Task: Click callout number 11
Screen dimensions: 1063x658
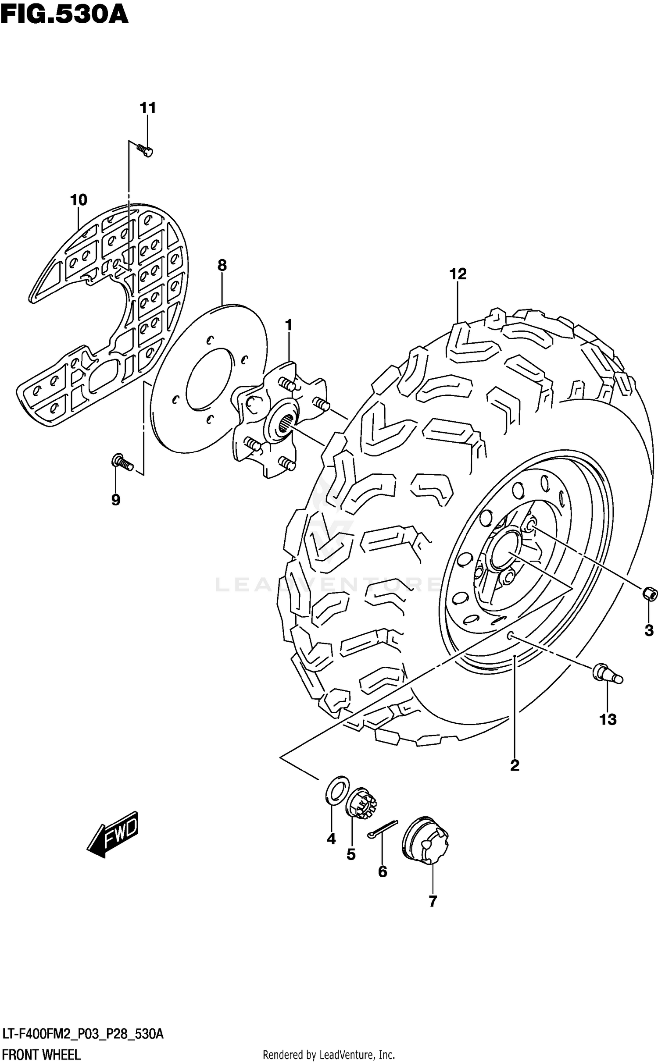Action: [x=148, y=107]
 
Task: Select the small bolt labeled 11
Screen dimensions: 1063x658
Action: [x=145, y=151]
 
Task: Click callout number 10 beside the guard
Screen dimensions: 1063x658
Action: [x=79, y=200]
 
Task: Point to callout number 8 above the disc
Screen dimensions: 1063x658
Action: [x=222, y=265]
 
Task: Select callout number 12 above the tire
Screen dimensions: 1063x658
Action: [x=458, y=274]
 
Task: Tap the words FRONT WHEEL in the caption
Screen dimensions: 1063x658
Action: [x=41, y=1054]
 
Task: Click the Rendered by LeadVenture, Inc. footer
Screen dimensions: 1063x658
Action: [x=329, y=1055]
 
